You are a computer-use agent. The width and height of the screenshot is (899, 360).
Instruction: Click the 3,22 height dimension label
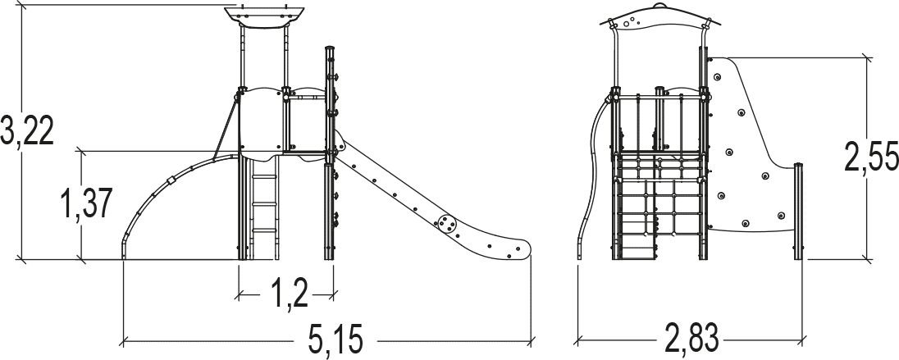coord(27,131)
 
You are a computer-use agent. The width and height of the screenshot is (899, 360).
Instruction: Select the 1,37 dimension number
coord(86,203)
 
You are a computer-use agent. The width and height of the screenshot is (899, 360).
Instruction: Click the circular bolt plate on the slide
coord(447,224)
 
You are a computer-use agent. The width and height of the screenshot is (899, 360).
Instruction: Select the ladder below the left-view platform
coord(264,207)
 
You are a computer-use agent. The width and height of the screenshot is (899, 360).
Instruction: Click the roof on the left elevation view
coord(264,17)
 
